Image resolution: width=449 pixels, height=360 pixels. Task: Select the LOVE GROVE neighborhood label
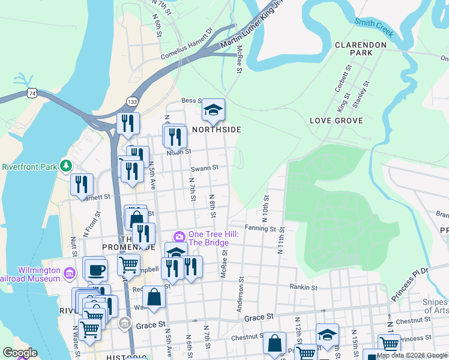(336, 121)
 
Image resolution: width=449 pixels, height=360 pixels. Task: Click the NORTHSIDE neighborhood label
(217, 130)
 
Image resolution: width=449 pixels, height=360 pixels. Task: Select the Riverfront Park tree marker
(68, 166)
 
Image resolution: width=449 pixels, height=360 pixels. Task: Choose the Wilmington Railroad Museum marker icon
(69, 274)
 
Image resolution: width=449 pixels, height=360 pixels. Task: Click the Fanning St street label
(260, 229)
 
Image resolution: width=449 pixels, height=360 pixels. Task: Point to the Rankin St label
(303, 287)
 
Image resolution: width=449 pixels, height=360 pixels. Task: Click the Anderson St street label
(240, 294)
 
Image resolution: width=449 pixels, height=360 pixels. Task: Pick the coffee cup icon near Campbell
(95, 270)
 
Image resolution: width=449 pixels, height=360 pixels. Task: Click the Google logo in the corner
(20, 353)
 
